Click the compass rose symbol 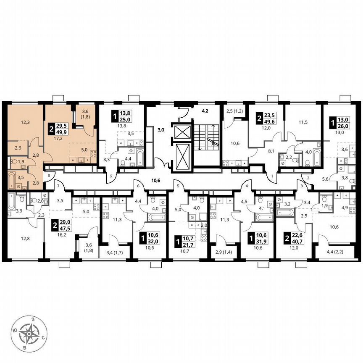[x=29, y=334]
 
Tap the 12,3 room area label [x=25, y=123]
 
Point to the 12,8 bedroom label [x=25, y=239]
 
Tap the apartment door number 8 [x=49, y=175]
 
